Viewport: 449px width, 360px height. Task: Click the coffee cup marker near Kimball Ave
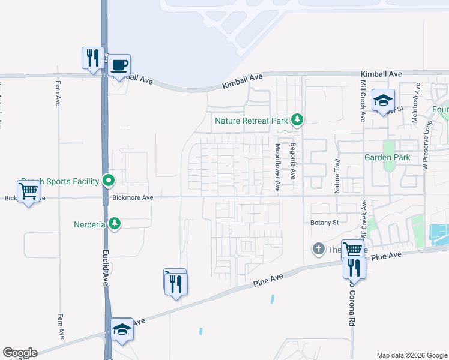point(119,65)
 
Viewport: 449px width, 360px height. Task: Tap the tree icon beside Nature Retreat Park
point(296,120)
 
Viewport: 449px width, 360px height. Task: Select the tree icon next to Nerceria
point(115,224)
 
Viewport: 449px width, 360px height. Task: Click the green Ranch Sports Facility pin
point(109,180)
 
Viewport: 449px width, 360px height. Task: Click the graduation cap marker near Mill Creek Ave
point(382,100)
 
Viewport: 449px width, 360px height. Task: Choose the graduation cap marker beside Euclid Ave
point(122,329)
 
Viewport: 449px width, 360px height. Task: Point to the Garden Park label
point(386,157)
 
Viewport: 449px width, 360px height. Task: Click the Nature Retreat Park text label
point(252,121)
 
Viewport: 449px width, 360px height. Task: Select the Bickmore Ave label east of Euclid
point(133,197)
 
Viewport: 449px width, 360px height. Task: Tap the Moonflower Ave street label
point(278,167)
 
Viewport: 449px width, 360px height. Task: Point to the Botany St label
point(325,223)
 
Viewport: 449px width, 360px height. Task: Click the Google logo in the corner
point(19,353)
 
